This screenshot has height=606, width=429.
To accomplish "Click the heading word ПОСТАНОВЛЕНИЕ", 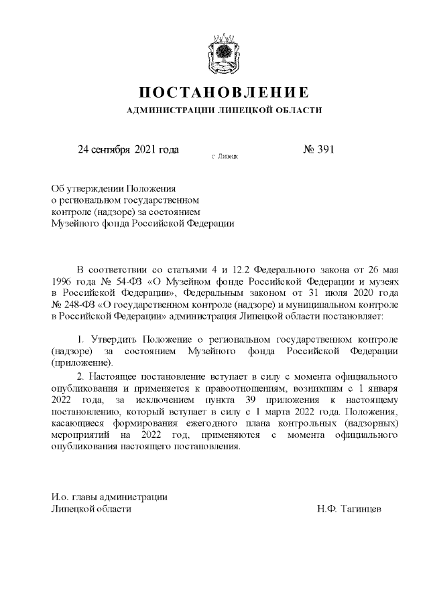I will (224, 92).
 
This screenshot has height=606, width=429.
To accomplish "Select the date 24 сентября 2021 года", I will (128, 149).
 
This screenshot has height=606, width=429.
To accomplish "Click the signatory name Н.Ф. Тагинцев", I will (349, 509).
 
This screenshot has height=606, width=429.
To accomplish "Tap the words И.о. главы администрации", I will (109, 496).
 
